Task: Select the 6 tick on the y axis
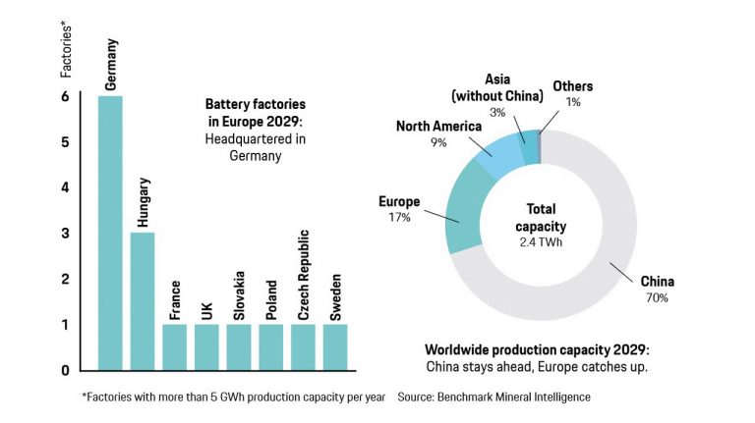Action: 66,97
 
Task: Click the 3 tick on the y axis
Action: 66,234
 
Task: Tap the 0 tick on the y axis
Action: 66,370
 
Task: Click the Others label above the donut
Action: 573,85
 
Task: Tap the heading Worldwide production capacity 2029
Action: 536,349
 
